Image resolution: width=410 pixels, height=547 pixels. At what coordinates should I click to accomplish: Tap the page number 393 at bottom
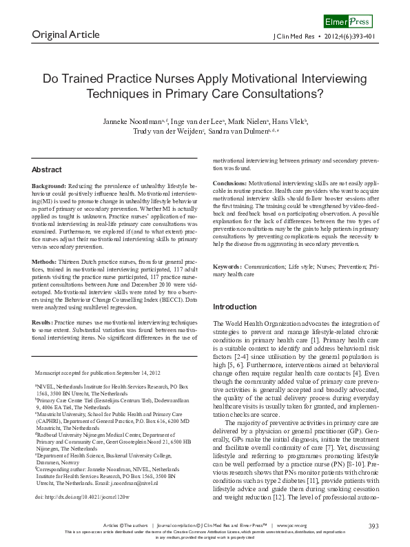pos(373,527)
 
